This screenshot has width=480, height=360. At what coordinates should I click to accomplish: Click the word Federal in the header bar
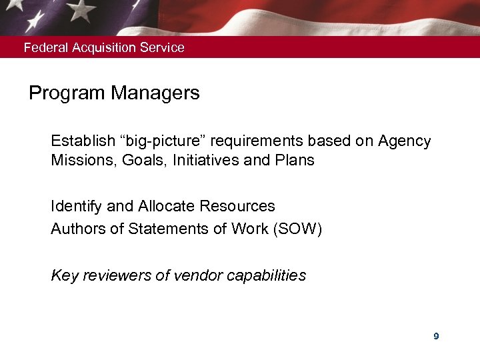point(43,48)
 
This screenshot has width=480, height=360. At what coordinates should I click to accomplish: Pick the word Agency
point(404,142)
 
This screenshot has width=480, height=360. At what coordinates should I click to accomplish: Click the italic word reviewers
point(114,275)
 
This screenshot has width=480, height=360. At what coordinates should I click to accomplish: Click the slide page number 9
point(436,337)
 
